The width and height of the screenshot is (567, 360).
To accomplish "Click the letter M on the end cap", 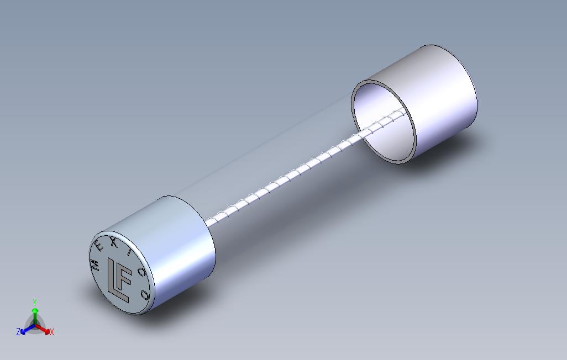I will click(x=95, y=264).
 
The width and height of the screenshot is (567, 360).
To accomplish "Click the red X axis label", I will click(x=51, y=332).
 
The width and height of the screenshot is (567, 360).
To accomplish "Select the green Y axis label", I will click(x=34, y=302).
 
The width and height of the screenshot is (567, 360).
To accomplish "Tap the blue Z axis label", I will click(x=18, y=332).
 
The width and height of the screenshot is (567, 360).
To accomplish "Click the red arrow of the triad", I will click(x=45, y=330).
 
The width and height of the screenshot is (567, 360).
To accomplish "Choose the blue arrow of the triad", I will click(x=24, y=330).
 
